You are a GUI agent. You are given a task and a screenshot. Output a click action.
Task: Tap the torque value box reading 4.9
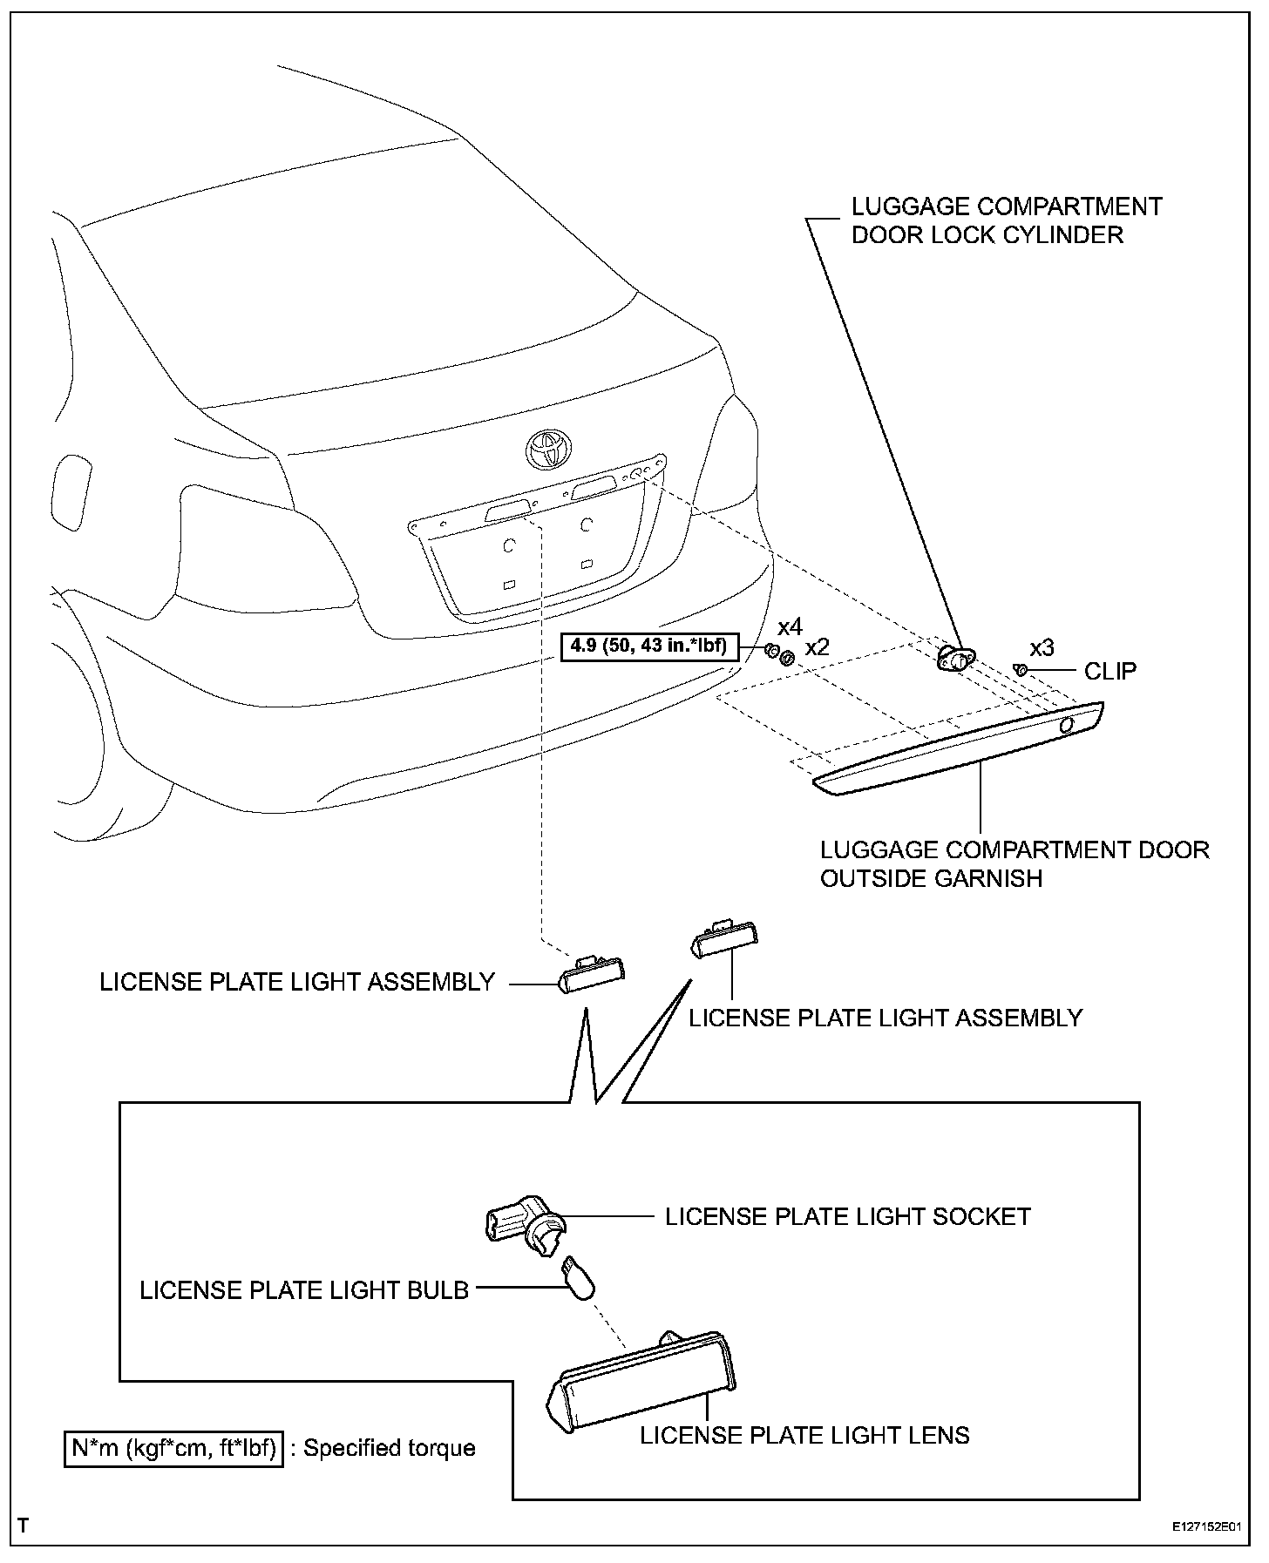pos(648,646)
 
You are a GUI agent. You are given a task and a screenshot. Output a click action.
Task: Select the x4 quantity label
pos(790,627)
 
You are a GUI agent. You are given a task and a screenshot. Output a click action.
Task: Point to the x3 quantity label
pos(1042,648)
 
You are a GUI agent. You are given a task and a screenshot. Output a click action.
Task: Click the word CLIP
pos(1110,671)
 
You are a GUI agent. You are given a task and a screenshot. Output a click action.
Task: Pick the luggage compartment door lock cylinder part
pos(956,658)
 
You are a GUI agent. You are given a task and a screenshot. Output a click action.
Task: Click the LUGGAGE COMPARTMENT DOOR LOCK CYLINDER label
pos(1007,220)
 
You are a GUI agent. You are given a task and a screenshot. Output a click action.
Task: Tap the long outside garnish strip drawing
pos(959,749)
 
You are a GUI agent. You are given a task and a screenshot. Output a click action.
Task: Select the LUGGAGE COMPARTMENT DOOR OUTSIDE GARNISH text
pos(1015,863)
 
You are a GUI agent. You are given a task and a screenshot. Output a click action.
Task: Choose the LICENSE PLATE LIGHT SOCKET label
pos(847,1216)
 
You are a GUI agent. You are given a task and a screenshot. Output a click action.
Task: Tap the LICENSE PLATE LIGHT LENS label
pos(804,1435)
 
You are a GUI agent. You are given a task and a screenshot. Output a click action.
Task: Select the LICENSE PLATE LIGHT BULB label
pos(304,1289)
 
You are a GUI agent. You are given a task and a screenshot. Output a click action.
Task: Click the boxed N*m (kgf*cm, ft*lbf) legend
pos(174,1448)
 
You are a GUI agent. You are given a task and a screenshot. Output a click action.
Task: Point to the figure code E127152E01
pos(1206,1526)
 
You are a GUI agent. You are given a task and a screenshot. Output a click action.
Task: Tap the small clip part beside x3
pos(1021,669)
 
